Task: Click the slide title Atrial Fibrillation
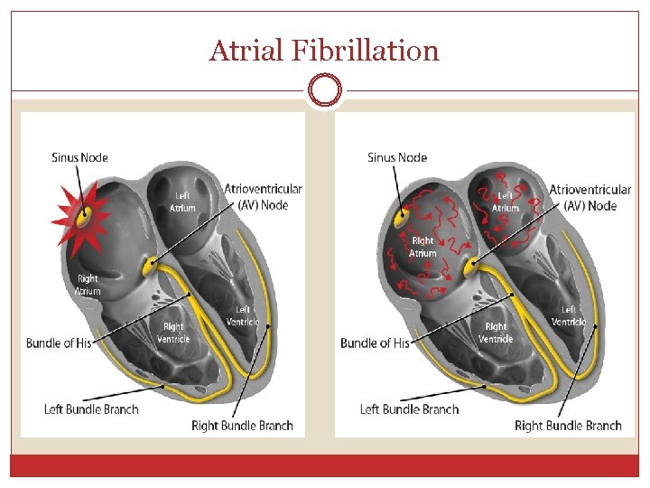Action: (324, 51)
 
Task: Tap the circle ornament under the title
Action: (324, 90)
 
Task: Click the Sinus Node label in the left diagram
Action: (79, 157)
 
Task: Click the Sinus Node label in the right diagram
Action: (397, 157)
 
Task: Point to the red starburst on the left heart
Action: (81, 217)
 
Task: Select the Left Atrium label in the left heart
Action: (182, 202)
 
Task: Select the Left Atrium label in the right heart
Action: (505, 202)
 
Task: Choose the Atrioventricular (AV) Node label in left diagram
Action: (263, 197)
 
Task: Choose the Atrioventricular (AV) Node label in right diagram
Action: (590, 197)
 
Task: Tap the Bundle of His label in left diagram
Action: (59, 343)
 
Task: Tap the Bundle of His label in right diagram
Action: (375, 343)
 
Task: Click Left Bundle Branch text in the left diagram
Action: (91, 409)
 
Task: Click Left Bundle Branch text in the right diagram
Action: (409, 409)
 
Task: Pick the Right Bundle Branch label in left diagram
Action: (242, 426)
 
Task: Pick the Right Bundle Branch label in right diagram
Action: (568, 426)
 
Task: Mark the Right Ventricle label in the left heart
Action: (172, 333)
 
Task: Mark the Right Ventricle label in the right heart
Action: (496, 333)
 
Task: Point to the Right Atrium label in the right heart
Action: (422, 247)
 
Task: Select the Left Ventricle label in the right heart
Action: (569, 316)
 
